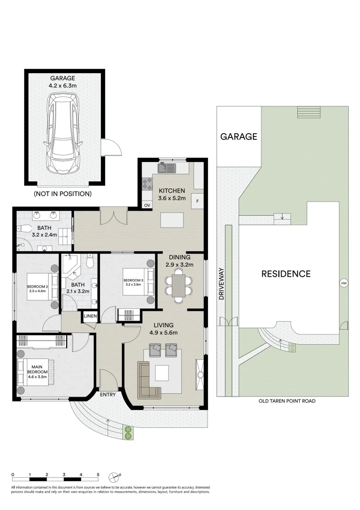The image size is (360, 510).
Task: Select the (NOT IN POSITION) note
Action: [x=62, y=194]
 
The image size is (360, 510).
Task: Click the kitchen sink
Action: [x=167, y=167]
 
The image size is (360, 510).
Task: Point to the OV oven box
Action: [x=147, y=205]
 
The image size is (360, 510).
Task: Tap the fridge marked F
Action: [x=197, y=200]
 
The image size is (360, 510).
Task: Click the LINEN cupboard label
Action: [x=90, y=316]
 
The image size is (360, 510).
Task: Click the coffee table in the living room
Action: [x=162, y=373]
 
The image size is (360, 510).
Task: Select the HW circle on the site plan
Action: [x=343, y=283]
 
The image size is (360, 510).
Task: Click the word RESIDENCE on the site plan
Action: [x=286, y=274]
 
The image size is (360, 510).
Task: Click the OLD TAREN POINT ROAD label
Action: [x=286, y=401]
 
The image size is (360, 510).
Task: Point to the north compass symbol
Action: [x=114, y=476]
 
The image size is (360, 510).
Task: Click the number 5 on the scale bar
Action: [x=98, y=474]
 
